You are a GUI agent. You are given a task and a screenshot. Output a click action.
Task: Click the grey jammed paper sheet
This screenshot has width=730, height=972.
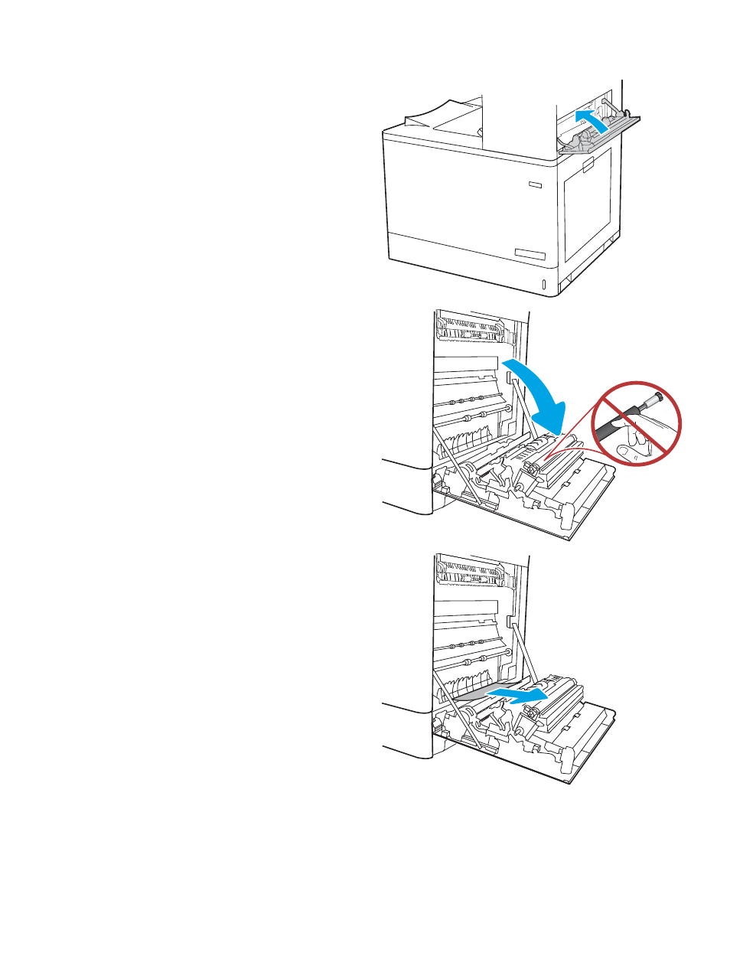tap(474, 693)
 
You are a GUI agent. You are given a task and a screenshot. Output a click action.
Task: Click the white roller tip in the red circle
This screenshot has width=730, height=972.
tap(655, 398)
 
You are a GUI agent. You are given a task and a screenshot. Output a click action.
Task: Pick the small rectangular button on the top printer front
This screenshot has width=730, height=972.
tap(534, 184)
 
